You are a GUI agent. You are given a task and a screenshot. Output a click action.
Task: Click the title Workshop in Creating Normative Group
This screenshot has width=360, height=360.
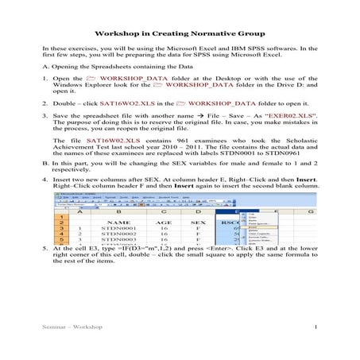180,35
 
